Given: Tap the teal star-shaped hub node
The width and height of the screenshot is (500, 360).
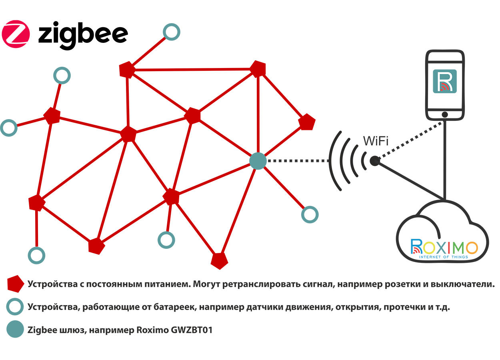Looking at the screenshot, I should (255, 160).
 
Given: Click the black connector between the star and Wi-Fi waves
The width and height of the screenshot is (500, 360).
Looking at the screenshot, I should (296, 160).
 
